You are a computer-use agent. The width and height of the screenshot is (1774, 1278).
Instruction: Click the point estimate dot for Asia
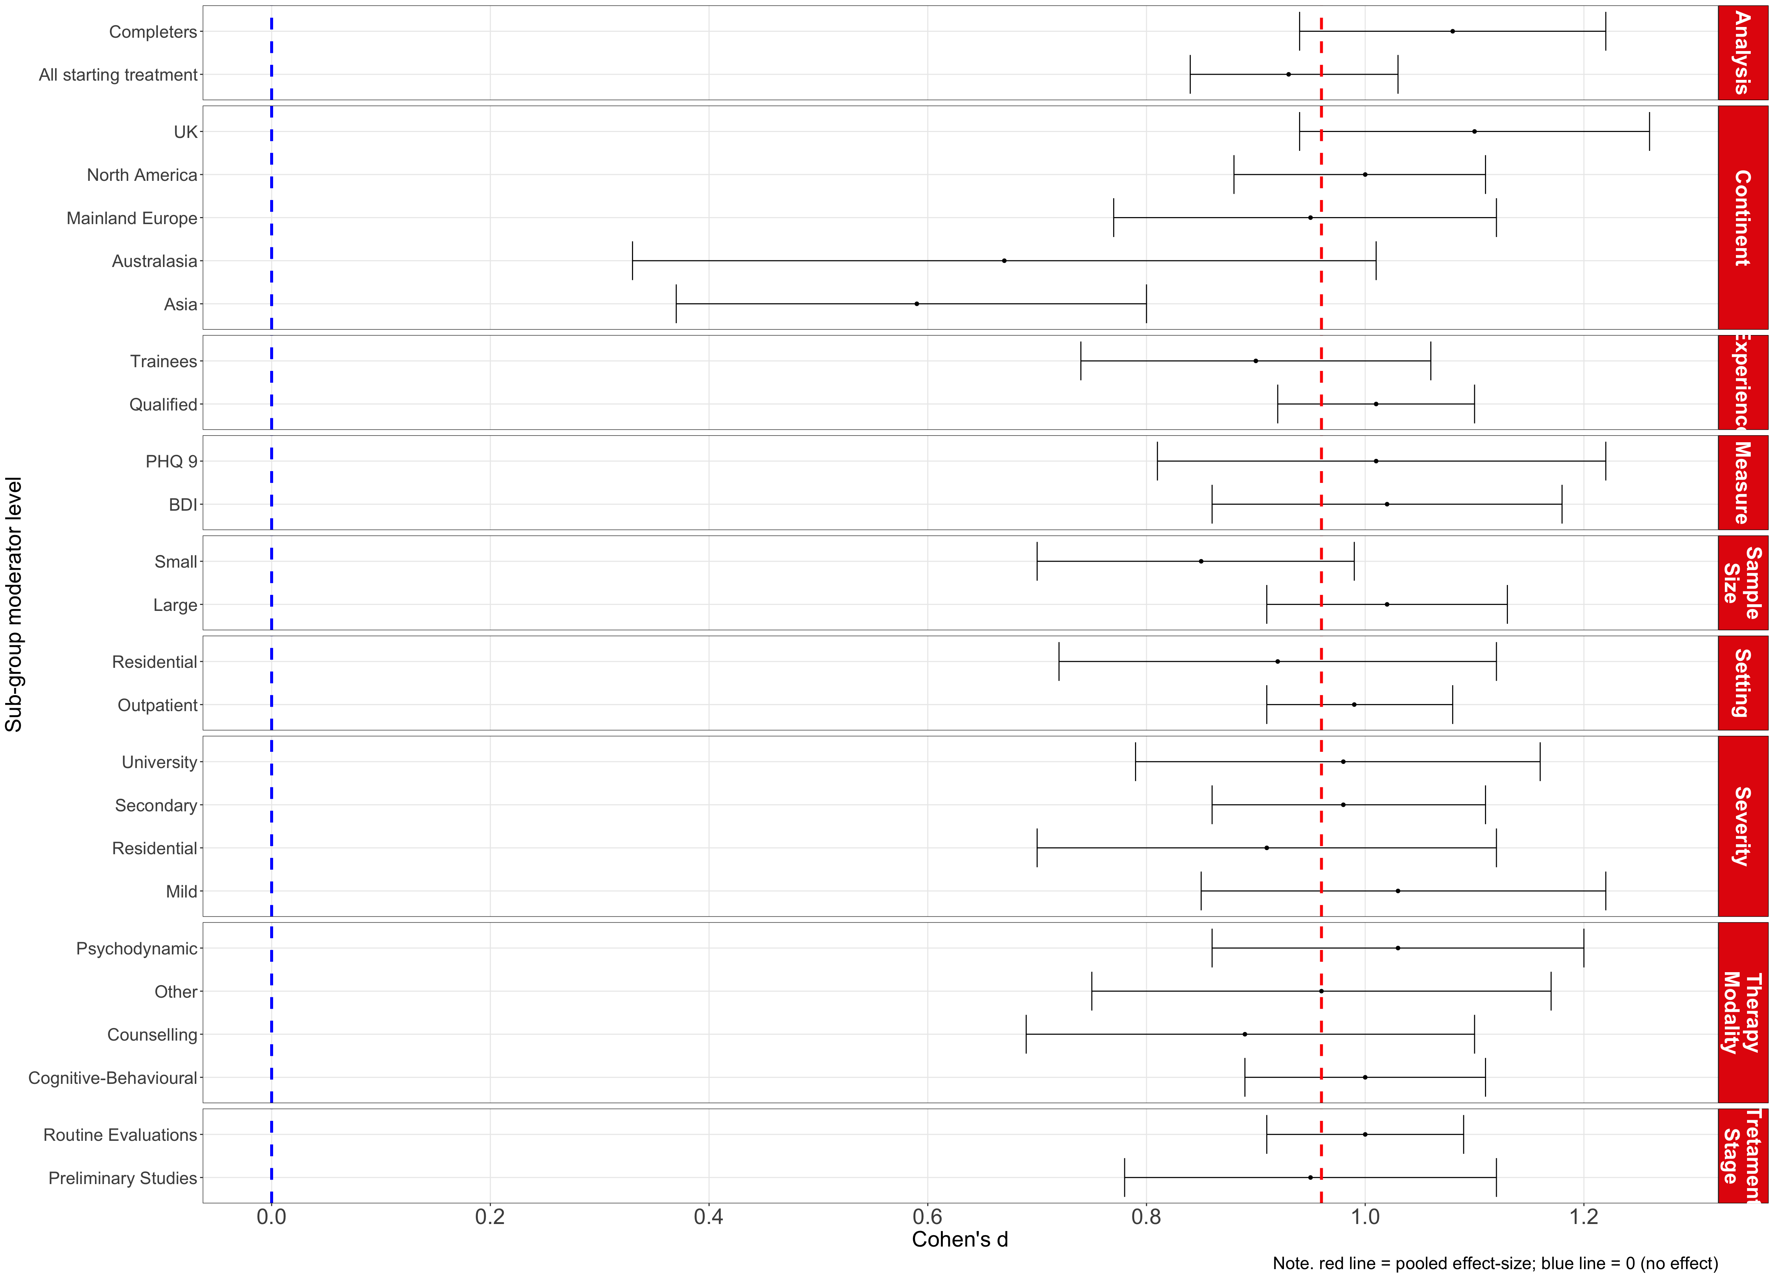tap(917, 304)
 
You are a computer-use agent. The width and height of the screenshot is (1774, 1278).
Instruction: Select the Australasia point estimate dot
tap(1004, 261)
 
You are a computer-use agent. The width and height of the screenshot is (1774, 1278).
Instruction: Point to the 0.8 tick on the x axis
tap(1146, 1218)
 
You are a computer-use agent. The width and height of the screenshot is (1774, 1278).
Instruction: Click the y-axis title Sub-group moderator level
tap(14, 604)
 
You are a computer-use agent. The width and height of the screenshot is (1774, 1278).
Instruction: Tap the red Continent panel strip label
tap(1743, 217)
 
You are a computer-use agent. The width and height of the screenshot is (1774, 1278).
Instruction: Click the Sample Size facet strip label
tap(1743, 583)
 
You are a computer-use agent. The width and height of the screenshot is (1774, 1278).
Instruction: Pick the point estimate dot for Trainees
tap(1255, 361)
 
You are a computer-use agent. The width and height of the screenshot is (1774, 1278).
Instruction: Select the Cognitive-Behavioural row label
tap(113, 1078)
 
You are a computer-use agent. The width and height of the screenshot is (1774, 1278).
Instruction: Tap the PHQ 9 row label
tap(171, 462)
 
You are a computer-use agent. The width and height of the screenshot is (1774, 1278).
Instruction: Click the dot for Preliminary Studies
tap(1310, 1177)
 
